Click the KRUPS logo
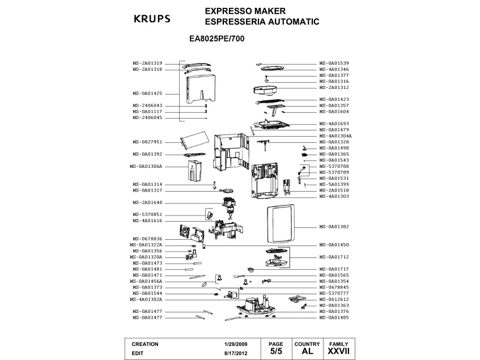tap(151, 18)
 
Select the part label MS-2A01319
tap(147, 63)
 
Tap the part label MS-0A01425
tap(147, 94)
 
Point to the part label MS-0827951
tap(147, 142)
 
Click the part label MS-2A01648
tap(147, 202)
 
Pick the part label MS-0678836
tap(147, 239)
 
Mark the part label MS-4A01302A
tap(146, 299)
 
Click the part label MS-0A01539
tap(334, 63)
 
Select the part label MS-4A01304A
tap(335, 136)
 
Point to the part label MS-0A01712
tap(334, 257)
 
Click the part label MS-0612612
tap(334, 299)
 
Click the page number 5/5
tap(275, 351)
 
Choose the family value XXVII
tap(338, 351)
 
